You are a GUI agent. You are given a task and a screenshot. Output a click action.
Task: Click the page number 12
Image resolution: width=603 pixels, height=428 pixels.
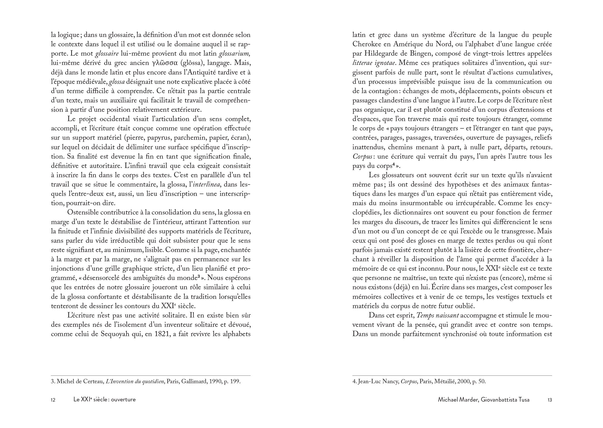coord(53,400)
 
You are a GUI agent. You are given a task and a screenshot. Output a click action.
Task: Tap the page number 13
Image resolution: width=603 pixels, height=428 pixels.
coord(549,400)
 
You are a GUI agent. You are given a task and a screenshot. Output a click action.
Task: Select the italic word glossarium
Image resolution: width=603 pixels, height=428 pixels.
coord(234,54)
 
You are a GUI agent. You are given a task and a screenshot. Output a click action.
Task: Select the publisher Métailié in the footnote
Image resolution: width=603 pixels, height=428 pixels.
coord(444,382)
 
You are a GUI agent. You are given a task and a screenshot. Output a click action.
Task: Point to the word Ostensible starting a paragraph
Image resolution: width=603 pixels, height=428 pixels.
coord(83,212)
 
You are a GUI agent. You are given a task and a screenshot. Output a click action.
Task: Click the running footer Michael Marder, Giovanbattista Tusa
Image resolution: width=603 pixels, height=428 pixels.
coord(484,400)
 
